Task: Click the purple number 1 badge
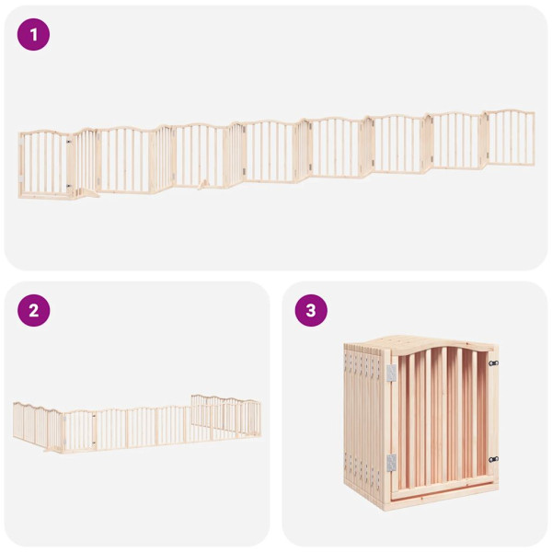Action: [x=34, y=35]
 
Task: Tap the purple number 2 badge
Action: [x=34, y=310]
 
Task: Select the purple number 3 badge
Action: [x=311, y=310]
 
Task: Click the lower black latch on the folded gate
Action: [x=493, y=459]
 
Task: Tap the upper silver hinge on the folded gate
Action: [x=391, y=373]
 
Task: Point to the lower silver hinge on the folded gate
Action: [x=391, y=461]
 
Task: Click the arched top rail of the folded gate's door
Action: [x=442, y=353]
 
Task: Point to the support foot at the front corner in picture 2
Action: [x=52, y=449]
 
